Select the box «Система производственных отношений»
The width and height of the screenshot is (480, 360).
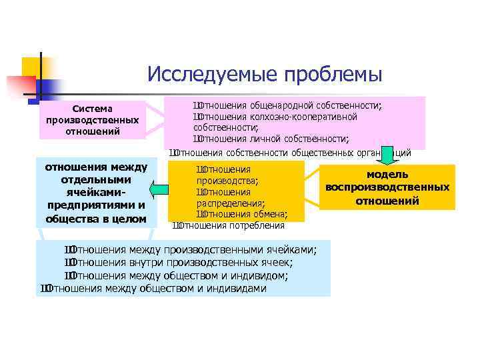[x=93, y=119]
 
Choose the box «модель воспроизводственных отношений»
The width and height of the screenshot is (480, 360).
[x=387, y=187]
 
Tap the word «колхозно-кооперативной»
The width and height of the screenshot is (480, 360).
[x=304, y=117]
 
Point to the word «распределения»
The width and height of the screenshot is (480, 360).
[x=230, y=203]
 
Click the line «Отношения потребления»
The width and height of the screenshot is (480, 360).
[x=229, y=225]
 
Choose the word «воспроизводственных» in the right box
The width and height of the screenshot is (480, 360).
[x=387, y=187]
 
